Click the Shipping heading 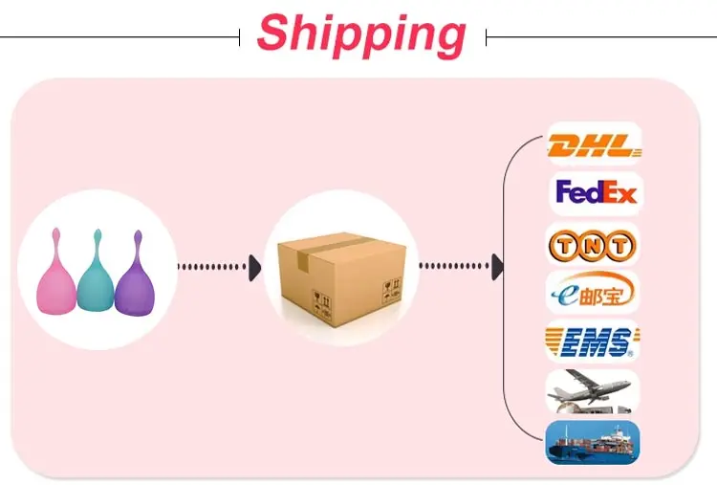pos(361,34)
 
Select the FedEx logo pos(595,193)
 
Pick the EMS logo pos(592,342)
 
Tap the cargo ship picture pos(592,443)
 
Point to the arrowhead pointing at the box pos(254,268)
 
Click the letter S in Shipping pos(274,34)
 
